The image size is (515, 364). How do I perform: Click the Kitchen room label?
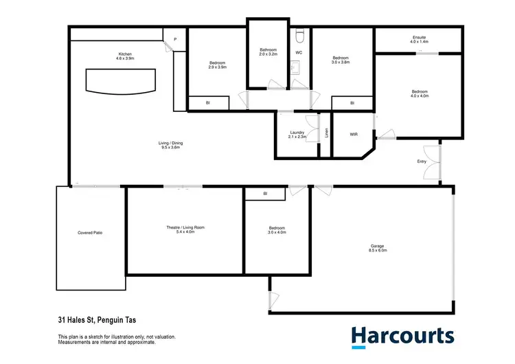pyautogui.click(x=124, y=54)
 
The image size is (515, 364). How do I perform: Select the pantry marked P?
pyautogui.click(x=175, y=40)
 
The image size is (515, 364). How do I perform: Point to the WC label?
pyautogui.click(x=299, y=52)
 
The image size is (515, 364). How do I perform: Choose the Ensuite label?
pyautogui.click(x=419, y=39)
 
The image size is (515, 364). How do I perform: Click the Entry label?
pyautogui.click(x=422, y=161)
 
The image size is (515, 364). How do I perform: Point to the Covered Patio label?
pyautogui.click(x=90, y=233)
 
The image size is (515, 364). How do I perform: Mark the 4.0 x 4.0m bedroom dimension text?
pyautogui.click(x=420, y=96)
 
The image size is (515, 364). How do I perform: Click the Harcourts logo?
pyautogui.click(x=402, y=336)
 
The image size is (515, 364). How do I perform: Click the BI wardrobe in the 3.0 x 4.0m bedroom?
pyautogui.click(x=265, y=195)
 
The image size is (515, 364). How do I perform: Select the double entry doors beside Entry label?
pyautogui.click(x=433, y=163)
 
